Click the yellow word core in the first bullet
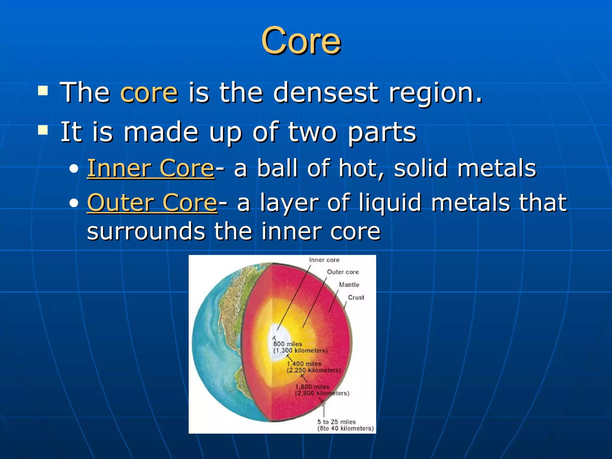pyautogui.click(x=149, y=93)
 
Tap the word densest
pyautogui.click(x=326, y=93)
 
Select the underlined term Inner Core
pyautogui.click(x=151, y=168)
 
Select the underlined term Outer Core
pyautogui.click(x=152, y=203)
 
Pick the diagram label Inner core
pyautogui.click(x=324, y=260)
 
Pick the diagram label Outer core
pyautogui.click(x=342, y=272)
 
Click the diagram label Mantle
pyautogui.click(x=349, y=285)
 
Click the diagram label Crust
pyautogui.click(x=356, y=298)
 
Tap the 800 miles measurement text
pyautogui.click(x=288, y=344)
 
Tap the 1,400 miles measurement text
pyautogui.click(x=304, y=364)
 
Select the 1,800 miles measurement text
pyautogui.click(x=312, y=387)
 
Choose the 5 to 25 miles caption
pyautogui.click(x=336, y=422)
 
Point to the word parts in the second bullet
pyautogui.click(x=382, y=132)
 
